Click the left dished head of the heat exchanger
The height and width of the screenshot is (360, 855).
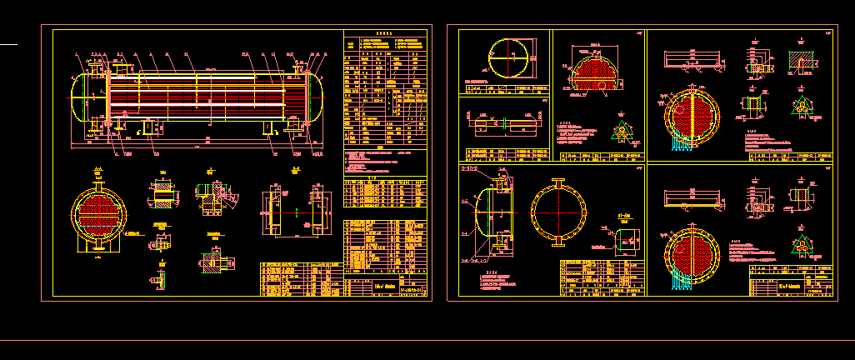[x=82, y=98]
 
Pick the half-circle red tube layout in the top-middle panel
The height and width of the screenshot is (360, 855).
[x=595, y=70]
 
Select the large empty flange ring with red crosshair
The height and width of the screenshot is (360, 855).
[x=557, y=212]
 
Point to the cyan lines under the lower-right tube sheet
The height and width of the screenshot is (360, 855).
[x=682, y=282]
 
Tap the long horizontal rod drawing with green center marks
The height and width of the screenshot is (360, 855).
[x=506, y=124]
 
